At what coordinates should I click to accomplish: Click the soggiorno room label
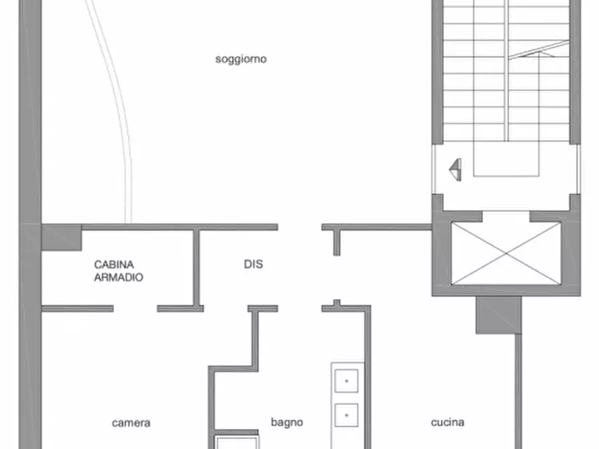[x=241, y=59]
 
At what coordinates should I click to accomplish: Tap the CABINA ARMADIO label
[x=118, y=270]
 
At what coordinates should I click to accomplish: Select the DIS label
[x=253, y=264]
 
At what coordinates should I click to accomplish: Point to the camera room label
[x=131, y=423]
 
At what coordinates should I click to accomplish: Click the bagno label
[x=286, y=422]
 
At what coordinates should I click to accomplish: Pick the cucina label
[x=447, y=422]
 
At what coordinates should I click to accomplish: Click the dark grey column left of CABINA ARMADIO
[x=61, y=237]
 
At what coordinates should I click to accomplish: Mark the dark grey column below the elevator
[x=498, y=315]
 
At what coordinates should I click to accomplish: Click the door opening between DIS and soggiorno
[x=300, y=227]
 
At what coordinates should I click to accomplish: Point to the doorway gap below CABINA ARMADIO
[x=135, y=308]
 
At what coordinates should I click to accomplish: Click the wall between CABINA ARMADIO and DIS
[x=197, y=268]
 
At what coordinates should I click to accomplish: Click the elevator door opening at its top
[x=506, y=216]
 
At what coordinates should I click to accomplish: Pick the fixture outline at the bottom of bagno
[x=236, y=443]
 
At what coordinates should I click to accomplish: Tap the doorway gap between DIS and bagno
[x=300, y=308]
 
